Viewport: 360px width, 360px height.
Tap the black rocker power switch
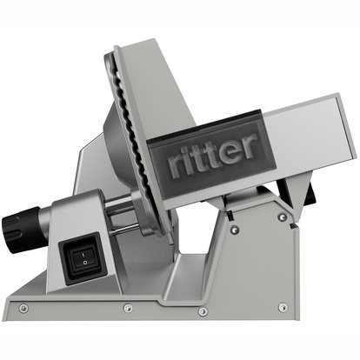78,256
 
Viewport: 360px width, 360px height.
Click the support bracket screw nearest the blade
234,229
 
